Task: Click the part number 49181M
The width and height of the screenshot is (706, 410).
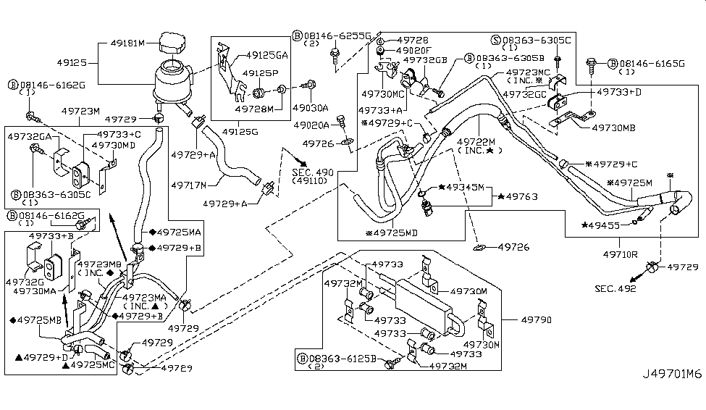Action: click(127, 43)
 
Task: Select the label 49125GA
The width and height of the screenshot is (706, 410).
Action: click(266, 54)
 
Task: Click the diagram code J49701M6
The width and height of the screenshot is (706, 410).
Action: click(673, 375)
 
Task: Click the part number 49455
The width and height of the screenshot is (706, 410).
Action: click(608, 225)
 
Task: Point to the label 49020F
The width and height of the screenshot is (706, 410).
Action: click(415, 50)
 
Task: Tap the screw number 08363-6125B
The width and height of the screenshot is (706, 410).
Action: click(342, 358)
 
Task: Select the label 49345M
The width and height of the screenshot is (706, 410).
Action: click(466, 187)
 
